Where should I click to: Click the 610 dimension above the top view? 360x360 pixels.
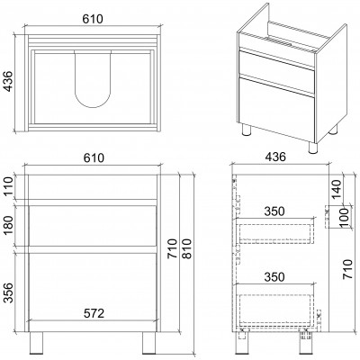click(93, 19)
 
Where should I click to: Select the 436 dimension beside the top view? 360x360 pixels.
click(7, 81)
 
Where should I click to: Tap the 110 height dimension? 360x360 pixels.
click(9, 186)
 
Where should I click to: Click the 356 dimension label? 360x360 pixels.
click(9, 292)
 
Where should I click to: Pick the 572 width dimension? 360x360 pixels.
click(94, 313)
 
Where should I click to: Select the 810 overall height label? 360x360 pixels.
click(186, 248)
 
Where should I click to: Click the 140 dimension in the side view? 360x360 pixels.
click(337, 189)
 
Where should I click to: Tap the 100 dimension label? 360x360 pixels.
click(345, 217)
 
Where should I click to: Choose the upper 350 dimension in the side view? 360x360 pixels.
click(274, 211)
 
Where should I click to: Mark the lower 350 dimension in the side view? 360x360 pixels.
click(274, 276)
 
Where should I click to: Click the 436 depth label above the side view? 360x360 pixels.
click(275, 157)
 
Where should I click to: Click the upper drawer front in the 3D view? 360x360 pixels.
click(276, 71)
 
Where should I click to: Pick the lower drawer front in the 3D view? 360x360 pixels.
click(276, 110)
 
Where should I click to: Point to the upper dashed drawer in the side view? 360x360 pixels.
click(275, 233)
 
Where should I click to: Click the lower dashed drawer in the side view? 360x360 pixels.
click(275, 309)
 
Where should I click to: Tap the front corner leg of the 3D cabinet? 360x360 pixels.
click(313, 148)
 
